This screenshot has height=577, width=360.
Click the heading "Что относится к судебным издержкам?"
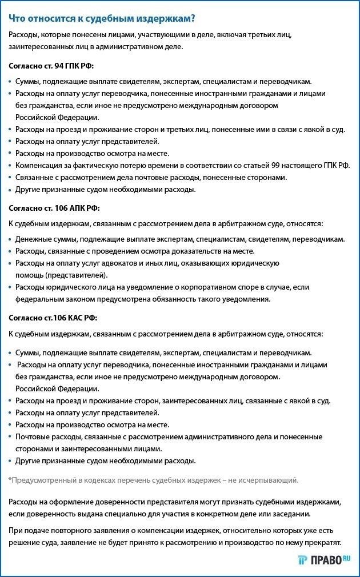pyautogui.click(x=102, y=18)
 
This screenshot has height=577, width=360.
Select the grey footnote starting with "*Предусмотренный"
pyautogui.click(x=153, y=480)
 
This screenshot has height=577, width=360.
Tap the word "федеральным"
pyautogui.click(x=38, y=299)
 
